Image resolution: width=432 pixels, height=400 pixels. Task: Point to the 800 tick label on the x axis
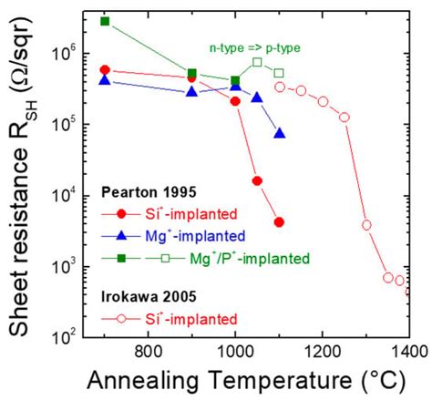(148, 351)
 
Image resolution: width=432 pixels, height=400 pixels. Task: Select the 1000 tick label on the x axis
(235, 351)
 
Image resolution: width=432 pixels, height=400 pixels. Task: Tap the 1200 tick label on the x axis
(323, 351)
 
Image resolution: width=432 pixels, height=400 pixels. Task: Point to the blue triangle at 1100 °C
(279, 134)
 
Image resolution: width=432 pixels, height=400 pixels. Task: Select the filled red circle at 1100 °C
(279, 221)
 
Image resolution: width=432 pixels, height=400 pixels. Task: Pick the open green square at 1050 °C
(258, 62)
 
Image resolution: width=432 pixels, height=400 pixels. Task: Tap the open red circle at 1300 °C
(366, 224)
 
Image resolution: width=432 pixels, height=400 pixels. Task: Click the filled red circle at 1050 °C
(258, 180)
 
